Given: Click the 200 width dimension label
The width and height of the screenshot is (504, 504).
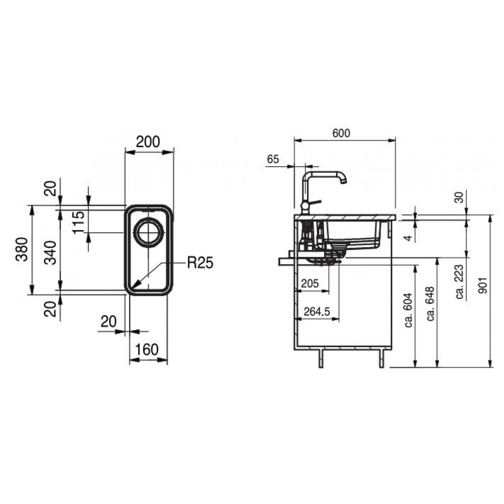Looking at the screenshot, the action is click(148, 142).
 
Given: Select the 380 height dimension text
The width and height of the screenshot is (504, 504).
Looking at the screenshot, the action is click(22, 249).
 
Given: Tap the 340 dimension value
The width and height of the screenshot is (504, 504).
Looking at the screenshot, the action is click(50, 253).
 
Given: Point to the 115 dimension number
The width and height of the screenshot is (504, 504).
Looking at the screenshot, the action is click(78, 222).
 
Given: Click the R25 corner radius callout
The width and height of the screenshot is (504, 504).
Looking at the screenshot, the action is click(200, 263).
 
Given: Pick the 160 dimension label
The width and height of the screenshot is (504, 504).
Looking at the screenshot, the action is click(147, 350).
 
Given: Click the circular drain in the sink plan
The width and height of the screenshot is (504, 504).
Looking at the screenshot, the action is click(149, 232).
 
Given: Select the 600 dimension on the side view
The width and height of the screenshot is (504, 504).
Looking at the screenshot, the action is click(341, 133).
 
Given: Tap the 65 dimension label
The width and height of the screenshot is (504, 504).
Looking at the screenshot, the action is click(273, 159).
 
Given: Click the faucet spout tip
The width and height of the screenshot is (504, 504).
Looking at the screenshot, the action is click(344, 182).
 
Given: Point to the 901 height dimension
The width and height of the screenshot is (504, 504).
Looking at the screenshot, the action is click(483, 285).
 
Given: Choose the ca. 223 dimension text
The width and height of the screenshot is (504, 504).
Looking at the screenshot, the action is click(460, 282).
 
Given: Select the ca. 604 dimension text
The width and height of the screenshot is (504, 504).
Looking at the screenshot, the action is click(409, 310).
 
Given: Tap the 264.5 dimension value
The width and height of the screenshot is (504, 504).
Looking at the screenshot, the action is click(317, 311).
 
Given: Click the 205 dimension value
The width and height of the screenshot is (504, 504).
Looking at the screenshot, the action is click(310, 283).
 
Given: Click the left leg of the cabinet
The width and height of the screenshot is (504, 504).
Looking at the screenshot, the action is click(321, 358).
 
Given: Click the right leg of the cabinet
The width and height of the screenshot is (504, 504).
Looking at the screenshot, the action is click(382, 358).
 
